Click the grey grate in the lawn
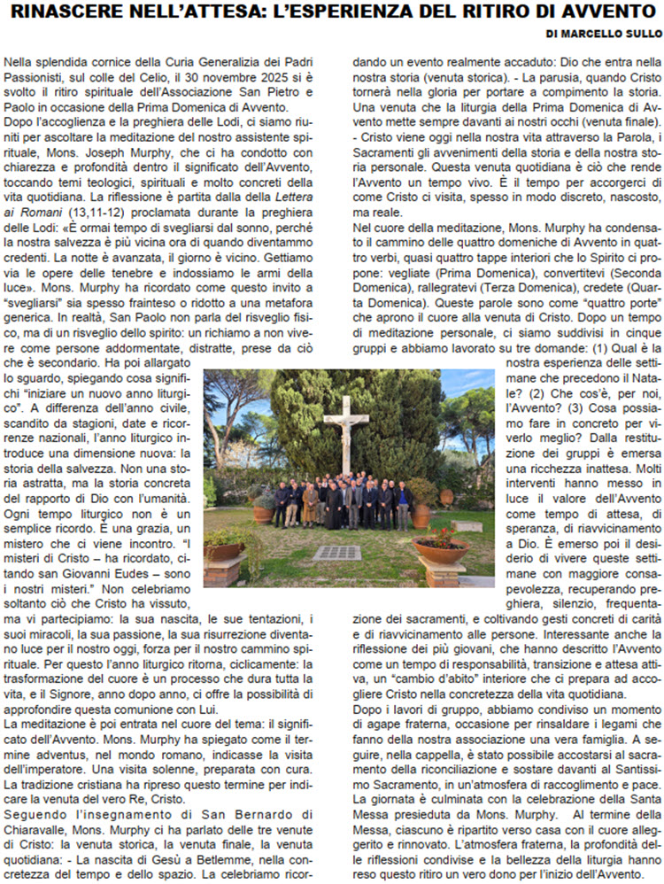tap(337, 553)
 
